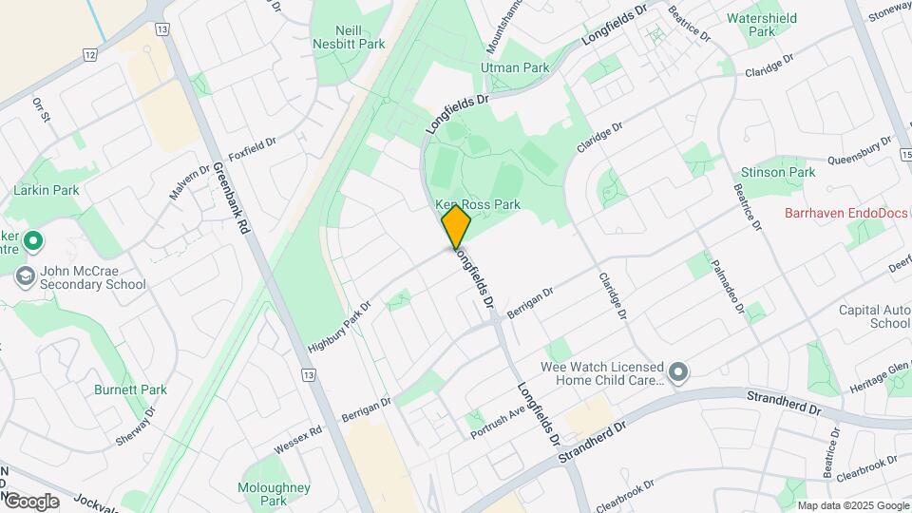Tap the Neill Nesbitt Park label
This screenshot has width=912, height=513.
pyautogui.click(x=350, y=36)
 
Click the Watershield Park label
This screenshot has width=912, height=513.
pyautogui.click(x=763, y=25)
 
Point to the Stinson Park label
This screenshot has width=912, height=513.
pyautogui.click(x=778, y=172)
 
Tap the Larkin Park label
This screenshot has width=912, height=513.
pyautogui.click(x=46, y=190)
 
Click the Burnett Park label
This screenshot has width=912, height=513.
pyautogui.click(x=130, y=389)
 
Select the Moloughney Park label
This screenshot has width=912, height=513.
pyautogui.click(x=274, y=494)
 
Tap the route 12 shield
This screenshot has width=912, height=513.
pyautogui.click(x=90, y=55)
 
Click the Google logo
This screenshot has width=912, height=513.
pyautogui.click(x=30, y=501)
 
